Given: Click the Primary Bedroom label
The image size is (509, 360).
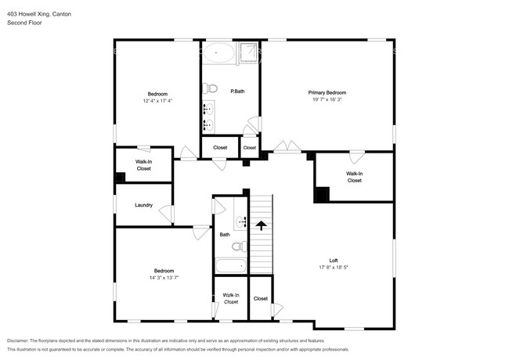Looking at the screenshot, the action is [x=327, y=92].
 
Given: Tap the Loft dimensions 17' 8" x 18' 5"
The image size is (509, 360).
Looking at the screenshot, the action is [x=334, y=267].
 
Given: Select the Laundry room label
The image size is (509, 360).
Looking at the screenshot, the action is [x=143, y=205].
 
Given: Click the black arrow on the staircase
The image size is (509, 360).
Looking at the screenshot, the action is [x=261, y=225].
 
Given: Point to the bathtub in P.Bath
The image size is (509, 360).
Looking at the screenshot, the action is [x=218, y=52].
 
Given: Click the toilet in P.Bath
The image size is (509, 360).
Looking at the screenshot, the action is [x=210, y=88].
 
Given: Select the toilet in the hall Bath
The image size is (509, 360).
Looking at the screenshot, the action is [x=240, y=247].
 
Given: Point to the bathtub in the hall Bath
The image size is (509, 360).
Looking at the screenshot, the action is [x=231, y=266].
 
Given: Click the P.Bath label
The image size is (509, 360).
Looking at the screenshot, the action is [x=237, y=92].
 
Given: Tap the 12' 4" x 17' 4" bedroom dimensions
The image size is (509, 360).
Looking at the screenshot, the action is [x=157, y=101].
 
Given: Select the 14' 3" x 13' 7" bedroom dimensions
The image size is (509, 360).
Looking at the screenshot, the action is [x=164, y=278].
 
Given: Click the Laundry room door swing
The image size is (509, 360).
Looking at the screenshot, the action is [x=167, y=214].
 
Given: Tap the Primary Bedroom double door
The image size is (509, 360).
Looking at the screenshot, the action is [x=287, y=146].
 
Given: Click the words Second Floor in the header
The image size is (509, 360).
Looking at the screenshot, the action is [x=24, y=23].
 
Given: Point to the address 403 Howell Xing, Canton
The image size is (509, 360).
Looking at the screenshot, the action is [x=39, y=14].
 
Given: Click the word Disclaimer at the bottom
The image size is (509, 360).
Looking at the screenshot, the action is [x=17, y=341].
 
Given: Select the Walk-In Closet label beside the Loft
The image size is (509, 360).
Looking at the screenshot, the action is [x=354, y=177].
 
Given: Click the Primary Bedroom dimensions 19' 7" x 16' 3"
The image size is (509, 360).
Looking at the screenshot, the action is [x=327, y=99].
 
